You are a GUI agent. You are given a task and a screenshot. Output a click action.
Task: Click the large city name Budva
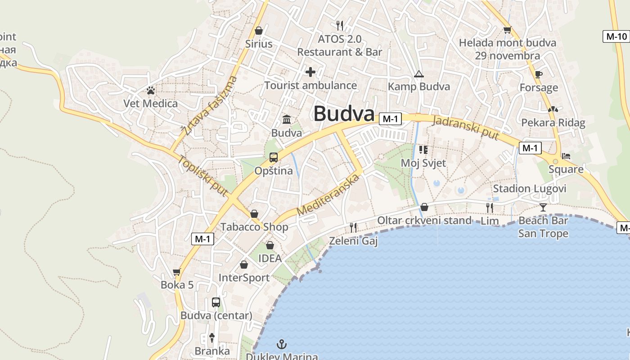[344, 114]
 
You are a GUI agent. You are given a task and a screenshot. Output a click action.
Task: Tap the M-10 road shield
[616, 36]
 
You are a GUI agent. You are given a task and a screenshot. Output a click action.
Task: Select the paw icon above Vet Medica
[150, 91]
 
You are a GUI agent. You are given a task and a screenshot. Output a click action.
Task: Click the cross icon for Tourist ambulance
[310, 72]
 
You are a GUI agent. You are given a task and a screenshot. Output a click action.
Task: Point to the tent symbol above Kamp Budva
[419, 74]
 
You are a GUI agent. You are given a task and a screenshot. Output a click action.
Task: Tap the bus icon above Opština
[273, 157]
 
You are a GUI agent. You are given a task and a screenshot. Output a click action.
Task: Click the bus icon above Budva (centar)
[216, 302]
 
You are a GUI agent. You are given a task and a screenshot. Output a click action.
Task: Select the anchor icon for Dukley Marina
[282, 345]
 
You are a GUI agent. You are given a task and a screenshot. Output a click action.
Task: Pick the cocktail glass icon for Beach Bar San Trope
[543, 207]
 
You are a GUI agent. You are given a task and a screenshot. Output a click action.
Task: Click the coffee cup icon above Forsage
[539, 75]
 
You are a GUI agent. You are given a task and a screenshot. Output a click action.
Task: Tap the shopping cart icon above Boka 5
[177, 272]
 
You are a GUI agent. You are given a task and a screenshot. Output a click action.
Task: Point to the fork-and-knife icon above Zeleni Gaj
[353, 228]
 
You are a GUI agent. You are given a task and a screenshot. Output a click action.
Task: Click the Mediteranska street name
[328, 195]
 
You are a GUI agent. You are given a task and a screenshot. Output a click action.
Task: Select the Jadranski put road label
[466, 127]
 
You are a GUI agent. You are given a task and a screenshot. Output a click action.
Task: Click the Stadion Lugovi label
[530, 189]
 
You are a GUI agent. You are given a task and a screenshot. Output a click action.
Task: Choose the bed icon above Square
[566, 156]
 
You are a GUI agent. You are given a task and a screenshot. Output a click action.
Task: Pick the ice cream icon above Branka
[212, 337]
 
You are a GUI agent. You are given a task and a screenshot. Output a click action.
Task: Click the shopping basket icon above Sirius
[259, 31]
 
